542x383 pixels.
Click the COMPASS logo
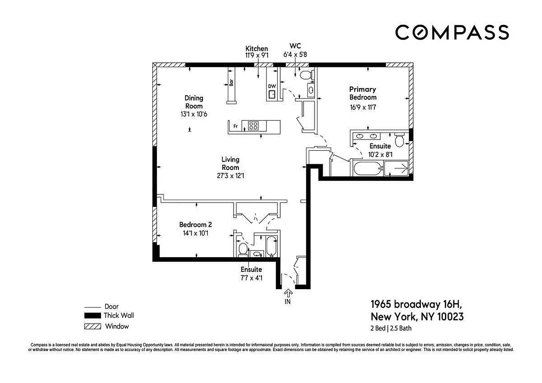[x=452, y=33]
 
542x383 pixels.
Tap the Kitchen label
[x=257, y=49]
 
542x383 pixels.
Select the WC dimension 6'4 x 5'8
[x=295, y=55]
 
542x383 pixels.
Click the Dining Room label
[x=194, y=102]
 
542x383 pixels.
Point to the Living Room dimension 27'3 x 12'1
[x=230, y=175]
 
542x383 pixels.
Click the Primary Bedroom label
[x=362, y=93]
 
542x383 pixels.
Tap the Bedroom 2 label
[x=195, y=225]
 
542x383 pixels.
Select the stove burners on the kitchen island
[x=253, y=126]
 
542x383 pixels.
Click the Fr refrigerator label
[x=236, y=126]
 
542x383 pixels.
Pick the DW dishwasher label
[x=272, y=87]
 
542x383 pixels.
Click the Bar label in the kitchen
[x=231, y=82]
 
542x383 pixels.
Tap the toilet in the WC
[x=305, y=75]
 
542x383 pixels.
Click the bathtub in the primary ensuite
[x=367, y=168]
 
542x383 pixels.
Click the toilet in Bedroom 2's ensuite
[x=243, y=248]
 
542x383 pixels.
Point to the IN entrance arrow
[x=288, y=293]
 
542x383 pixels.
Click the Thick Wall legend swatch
[x=92, y=315]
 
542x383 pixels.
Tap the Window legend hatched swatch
[x=92, y=327]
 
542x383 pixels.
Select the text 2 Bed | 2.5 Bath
[x=391, y=328]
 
